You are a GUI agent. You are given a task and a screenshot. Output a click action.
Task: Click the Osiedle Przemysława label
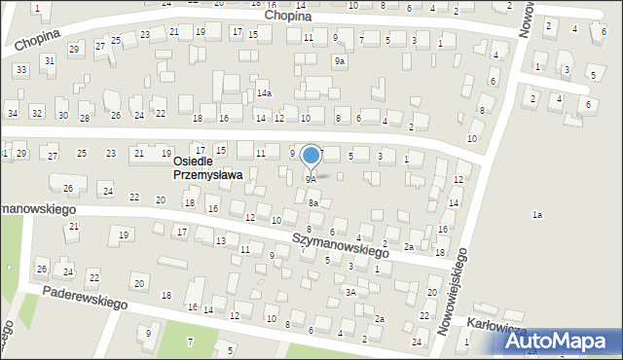tap(207, 168)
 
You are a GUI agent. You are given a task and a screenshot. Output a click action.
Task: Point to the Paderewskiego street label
tap(87, 298)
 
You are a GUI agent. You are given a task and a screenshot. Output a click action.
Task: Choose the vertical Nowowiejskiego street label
tap(453, 291)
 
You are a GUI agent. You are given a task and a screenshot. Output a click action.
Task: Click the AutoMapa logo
tap(559, 341)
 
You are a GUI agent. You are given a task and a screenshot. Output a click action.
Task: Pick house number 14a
tap(264, 93)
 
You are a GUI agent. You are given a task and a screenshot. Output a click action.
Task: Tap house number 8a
tap(312, 202)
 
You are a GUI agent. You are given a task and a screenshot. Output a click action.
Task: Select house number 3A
tap(350, 291)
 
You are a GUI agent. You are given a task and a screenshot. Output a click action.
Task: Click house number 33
tap(20, 69)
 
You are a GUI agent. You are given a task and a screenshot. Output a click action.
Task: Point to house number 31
tap(49, 60)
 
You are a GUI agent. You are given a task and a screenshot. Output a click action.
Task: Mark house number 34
tap(12, 114)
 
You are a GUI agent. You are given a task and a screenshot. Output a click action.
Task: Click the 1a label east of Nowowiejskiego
tap(536, 214)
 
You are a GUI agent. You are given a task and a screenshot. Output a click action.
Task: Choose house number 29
tap(73, 47)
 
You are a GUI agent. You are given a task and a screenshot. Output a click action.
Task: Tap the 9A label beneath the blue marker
tap(311, 180)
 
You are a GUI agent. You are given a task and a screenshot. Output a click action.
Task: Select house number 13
tap(221, 240)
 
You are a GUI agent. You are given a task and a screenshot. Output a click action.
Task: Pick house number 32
tap(37, 114)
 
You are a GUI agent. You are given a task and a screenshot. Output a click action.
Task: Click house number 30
tap(62, 116)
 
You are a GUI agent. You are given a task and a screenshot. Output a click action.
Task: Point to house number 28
tap(85, 119)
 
